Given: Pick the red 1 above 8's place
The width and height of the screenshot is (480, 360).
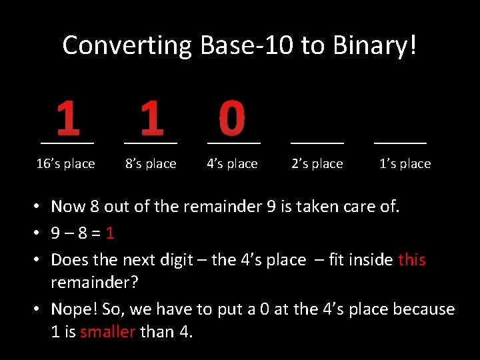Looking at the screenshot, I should (x=151, y=118).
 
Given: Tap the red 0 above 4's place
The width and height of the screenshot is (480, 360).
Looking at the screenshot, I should (x=232, y=118).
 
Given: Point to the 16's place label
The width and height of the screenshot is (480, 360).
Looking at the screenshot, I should (x=65, y=164).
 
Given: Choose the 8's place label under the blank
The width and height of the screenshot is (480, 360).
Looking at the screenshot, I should (x=151, y=164).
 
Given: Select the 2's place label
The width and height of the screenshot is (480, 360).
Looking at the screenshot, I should (x=317, y=164).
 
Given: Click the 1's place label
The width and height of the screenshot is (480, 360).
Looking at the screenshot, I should (x=405, y=164).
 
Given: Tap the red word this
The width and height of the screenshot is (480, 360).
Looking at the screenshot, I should (x=411, y=259).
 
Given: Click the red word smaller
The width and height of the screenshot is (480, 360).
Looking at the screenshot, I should (x=108, y=331).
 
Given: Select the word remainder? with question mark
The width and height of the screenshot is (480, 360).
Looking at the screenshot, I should (x=95, y=281).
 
